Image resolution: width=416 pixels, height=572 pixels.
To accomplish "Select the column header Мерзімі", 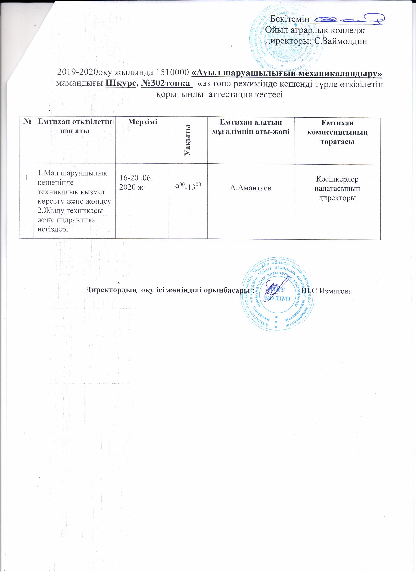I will [x=142, y=122].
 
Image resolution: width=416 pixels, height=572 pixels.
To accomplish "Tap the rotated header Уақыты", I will [x=187, y=140].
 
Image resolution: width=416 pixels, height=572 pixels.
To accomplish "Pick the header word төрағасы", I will [x=337, y=142].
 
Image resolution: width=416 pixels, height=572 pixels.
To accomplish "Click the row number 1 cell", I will [x=27, y=178].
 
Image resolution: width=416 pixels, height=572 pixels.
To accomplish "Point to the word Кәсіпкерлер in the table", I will [x=337, y=179].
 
